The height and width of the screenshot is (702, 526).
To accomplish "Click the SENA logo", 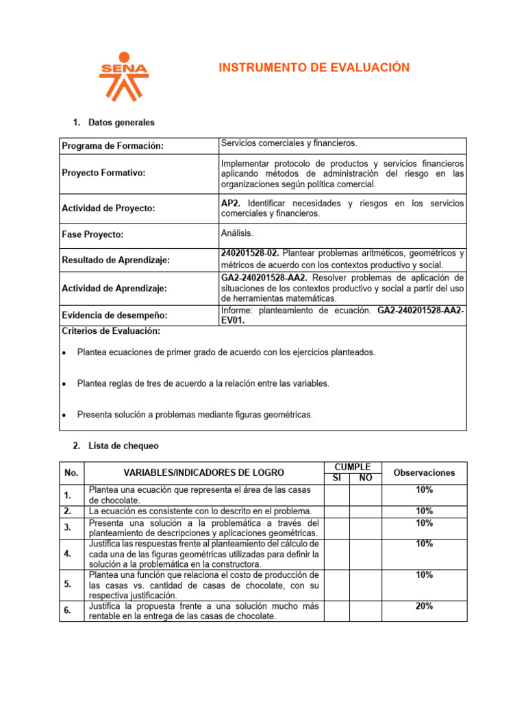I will click(123, 75).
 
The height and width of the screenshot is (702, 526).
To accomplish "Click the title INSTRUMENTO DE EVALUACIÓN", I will click(314, 67).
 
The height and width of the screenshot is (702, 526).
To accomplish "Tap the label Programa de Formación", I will click(113, 146).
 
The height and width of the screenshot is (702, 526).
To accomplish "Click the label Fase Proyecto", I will click(92, 234).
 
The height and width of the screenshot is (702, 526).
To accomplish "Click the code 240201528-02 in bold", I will click(250, 254).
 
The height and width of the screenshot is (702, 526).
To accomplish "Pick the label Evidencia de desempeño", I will click(114, 315).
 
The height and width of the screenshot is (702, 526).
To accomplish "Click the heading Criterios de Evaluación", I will click(111, 331).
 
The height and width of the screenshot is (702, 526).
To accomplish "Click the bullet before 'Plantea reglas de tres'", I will click(64, 384).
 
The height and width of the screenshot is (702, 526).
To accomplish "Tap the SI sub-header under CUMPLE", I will click(336, 478).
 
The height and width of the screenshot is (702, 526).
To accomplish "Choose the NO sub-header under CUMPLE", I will click(366, 478).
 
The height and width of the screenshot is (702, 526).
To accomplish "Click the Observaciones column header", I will click(424, 473).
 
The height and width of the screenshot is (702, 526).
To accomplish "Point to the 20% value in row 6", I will click(424, 606).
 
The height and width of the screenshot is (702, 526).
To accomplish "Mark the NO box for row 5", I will click(366, 585).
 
